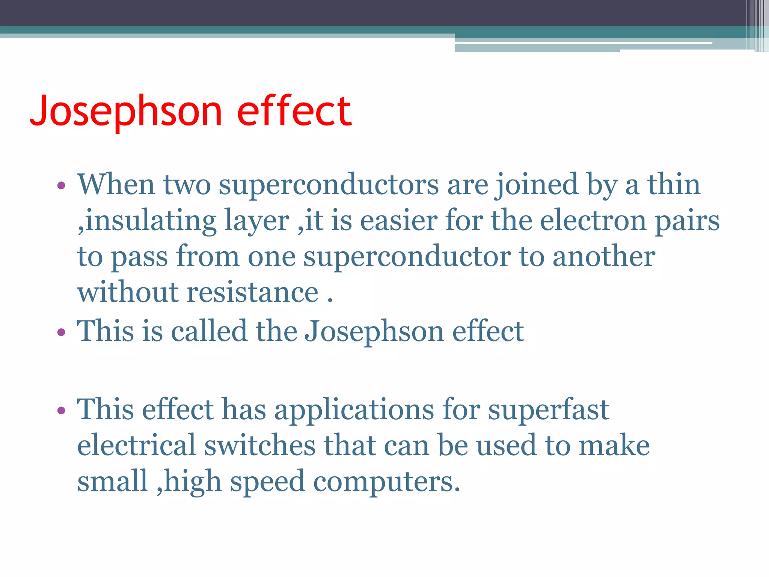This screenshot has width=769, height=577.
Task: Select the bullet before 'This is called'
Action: point(62,332)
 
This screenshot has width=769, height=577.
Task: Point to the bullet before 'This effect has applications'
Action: point(62,410)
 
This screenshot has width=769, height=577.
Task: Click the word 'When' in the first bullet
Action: point(116,184)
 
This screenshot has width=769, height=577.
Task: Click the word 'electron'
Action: point(593,221)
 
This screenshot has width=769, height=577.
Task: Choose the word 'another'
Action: point(604,257)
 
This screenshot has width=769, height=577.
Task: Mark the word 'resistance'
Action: point(253,293)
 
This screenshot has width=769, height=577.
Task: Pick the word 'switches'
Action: point(259,446)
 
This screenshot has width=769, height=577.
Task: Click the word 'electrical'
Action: point(136,446)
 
